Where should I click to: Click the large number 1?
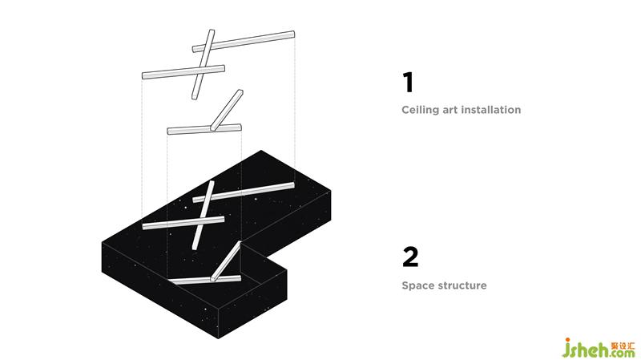coord(409,83)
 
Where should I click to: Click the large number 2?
coord(410,257)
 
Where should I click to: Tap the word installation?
coord(492,110)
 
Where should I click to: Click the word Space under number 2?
coord(417,285)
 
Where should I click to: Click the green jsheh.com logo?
coord(598,348)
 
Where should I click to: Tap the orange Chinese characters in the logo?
coord(623,346)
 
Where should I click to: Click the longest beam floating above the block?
coord(244,42)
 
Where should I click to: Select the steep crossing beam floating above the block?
coord(204,64)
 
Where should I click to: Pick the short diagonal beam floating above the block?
coord(227,110)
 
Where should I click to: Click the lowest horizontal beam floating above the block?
coord(204,129)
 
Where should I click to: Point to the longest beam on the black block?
coord(244,192)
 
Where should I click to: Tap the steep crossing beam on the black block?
coord(204,215)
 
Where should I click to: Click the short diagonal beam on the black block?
coord(226,261)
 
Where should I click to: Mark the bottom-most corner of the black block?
coord(218,338)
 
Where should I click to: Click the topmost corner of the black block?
coord(261,150)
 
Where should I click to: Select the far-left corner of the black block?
coord(102,243)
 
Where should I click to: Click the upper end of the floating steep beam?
coord(212,30)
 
